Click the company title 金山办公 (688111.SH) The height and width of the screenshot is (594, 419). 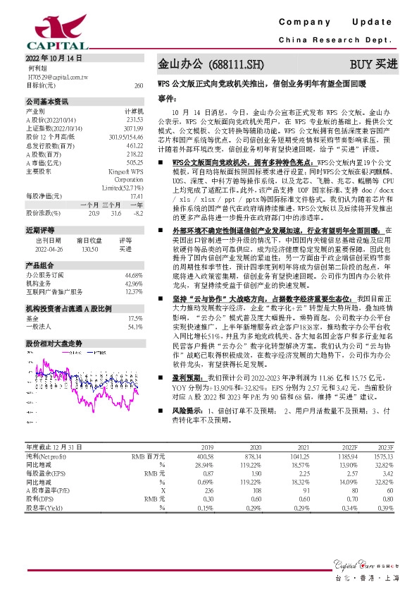click(211, 64)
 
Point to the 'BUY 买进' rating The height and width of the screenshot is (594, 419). click(380, 64)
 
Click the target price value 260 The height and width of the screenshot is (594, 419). click(138, 85)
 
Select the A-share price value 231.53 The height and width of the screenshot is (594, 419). click(135, 119)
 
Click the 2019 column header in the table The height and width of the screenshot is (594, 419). click(207, 447)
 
